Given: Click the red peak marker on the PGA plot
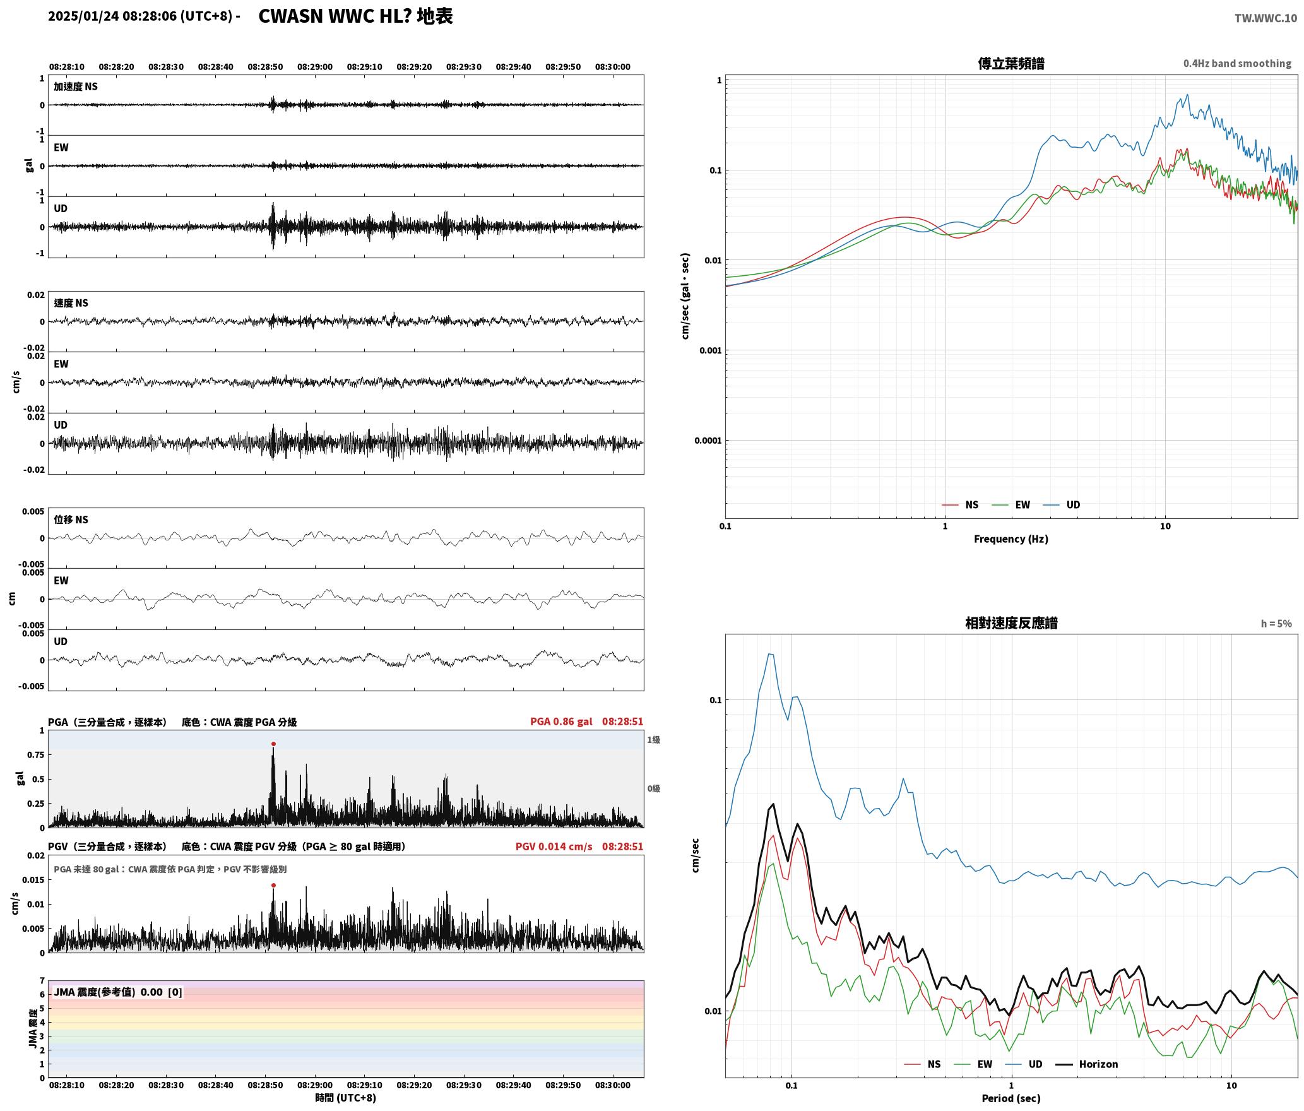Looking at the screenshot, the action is tap(273, 744).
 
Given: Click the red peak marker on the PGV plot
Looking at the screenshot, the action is tap(273, 885).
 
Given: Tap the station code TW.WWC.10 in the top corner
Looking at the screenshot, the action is tap(1266, 18).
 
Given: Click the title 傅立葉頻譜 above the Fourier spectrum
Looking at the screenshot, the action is tap(1011, 63).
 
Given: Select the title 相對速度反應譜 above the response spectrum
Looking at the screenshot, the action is tap(1011, 623).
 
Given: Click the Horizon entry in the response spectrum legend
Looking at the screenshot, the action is tap(1087, 1064).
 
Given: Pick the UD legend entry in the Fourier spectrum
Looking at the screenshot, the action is tap(1062, 505).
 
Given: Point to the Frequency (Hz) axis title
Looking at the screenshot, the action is tap(1011, 539).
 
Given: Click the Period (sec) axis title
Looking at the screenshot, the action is tap(1011, 1098).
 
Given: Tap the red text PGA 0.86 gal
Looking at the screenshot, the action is tap(561, 722).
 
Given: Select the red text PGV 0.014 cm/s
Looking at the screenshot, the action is tap(554, 847).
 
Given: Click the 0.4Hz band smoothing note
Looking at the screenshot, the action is tap(1237, 64).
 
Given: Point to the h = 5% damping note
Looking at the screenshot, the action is tap(1276, 624).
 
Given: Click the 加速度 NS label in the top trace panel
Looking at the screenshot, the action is tap(76, 86).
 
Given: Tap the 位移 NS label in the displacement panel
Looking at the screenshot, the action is tap(71, 520).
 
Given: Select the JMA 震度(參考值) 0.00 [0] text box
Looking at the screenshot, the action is tap(118, 992).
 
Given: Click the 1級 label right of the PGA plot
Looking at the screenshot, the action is tap(653, 740).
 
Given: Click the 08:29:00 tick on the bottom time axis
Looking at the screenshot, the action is tap(315, 1085).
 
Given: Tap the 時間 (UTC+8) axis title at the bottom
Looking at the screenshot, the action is tap(346, 1098).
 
